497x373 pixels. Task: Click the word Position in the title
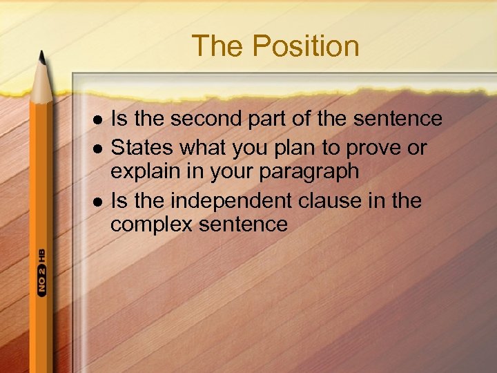[305, 46]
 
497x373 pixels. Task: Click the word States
[143, 148]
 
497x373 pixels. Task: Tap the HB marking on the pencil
[41, 254]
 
